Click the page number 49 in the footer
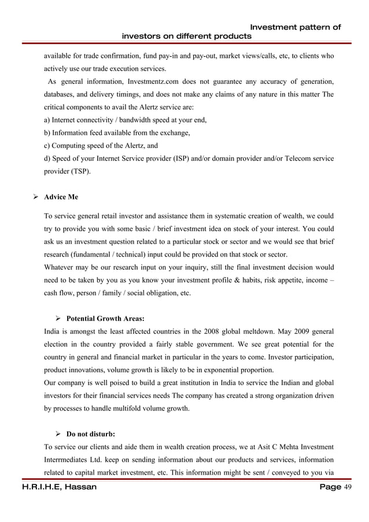(348, 488)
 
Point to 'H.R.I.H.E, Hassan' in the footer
(49, 488)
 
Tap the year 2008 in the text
(212, 331)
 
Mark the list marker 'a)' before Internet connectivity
(47, 120)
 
